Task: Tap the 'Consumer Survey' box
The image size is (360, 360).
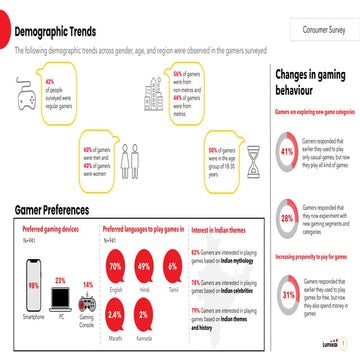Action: pos(317,31)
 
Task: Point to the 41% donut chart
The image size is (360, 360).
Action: pos(287,152)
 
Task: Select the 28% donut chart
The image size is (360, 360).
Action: pos(287,218)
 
